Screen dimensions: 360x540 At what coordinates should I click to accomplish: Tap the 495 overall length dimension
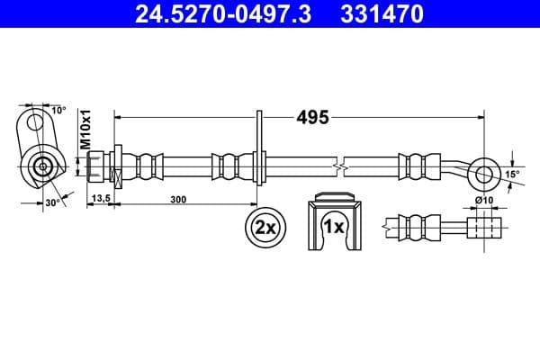(x=312, y=117)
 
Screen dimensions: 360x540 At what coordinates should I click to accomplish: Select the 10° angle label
(x=58, y=110)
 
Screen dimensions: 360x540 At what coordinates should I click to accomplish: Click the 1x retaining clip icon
(x=334, y=224)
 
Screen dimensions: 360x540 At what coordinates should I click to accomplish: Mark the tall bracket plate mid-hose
(x=259, y=157)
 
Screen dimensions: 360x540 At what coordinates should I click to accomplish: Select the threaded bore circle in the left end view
(x=41, y=166)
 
